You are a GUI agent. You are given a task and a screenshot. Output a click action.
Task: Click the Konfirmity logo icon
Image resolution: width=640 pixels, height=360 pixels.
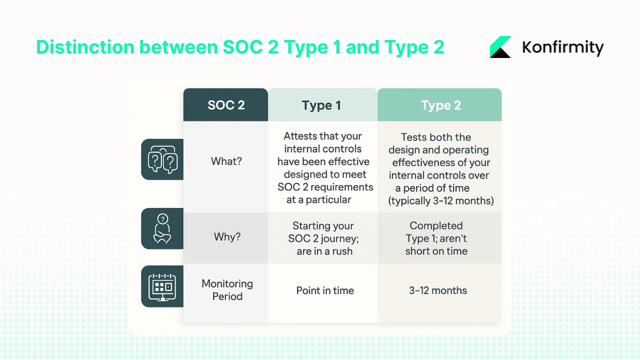click(500, 47)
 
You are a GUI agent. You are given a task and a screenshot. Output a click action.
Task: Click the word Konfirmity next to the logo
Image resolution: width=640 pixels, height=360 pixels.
click(562, 47)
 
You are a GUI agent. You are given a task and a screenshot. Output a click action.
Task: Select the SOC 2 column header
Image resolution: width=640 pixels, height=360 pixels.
click(226, 105)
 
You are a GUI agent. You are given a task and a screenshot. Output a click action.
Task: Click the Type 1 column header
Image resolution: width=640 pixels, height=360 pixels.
click(321, 105)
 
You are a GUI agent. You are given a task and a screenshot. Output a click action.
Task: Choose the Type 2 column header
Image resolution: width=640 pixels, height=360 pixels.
click(440, 105)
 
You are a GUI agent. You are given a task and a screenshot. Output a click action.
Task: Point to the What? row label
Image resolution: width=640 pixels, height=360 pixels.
click(226, 161)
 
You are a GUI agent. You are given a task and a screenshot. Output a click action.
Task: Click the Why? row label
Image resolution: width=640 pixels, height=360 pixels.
click(227, 236)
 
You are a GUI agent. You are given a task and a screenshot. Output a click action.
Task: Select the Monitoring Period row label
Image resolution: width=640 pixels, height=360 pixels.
click(227, 290)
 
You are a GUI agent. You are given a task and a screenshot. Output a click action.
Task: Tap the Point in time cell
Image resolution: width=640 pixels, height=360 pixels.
click(325, 290)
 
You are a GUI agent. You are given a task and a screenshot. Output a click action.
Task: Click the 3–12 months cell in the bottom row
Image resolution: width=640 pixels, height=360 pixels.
click(438, 290)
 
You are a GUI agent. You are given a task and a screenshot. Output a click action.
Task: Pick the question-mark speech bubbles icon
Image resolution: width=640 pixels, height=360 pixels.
click(162, 160)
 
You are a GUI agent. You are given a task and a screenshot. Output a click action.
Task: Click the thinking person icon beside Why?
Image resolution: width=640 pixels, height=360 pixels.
click(162, 229)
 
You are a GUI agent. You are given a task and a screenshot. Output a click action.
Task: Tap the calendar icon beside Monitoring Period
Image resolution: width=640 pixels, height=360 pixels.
click(162, 286)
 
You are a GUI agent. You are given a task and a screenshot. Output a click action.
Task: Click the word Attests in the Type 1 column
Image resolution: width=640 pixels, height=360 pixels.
click(297, 136)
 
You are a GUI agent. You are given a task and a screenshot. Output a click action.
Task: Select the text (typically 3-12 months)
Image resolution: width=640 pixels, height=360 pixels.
click(440, 201)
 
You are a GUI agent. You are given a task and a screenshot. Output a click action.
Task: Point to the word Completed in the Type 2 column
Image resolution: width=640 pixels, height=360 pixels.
click(436, 225)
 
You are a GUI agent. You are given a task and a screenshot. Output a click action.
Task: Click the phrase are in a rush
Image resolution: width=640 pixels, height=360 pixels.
click(324, 251)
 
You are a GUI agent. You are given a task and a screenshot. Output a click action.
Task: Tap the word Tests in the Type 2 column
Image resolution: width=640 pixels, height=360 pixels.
click(414, 137)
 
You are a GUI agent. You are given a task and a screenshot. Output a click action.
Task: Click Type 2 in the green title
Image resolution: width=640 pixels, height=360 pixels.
click(414, 47)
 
